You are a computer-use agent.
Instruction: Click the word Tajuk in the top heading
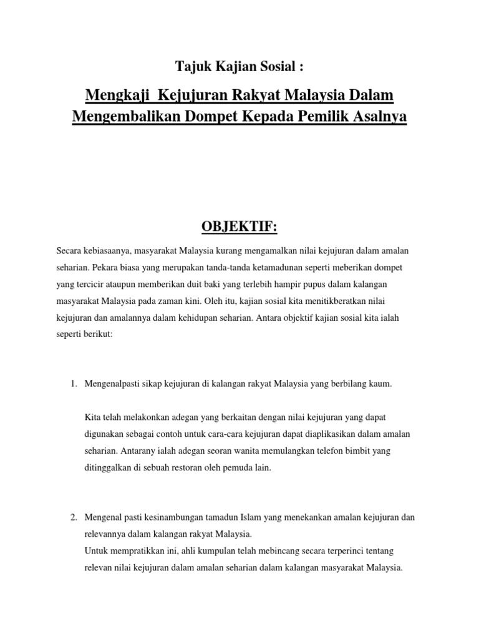tap(188, 67)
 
